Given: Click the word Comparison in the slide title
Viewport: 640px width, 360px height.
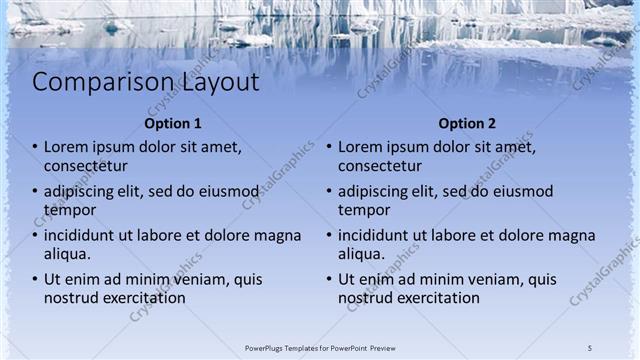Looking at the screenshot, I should pos(90,83).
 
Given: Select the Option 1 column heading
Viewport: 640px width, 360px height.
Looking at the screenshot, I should pos(173,124).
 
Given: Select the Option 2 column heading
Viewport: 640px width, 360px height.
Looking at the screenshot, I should pos(466,124).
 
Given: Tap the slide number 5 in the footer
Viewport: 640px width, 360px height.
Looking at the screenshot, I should pos(590,347).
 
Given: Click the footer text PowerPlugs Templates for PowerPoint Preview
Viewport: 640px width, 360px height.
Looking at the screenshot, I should pos(320,347).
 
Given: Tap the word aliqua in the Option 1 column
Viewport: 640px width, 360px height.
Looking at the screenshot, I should pos(67,255).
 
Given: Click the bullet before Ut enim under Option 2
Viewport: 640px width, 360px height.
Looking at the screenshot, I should pos(330,281).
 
